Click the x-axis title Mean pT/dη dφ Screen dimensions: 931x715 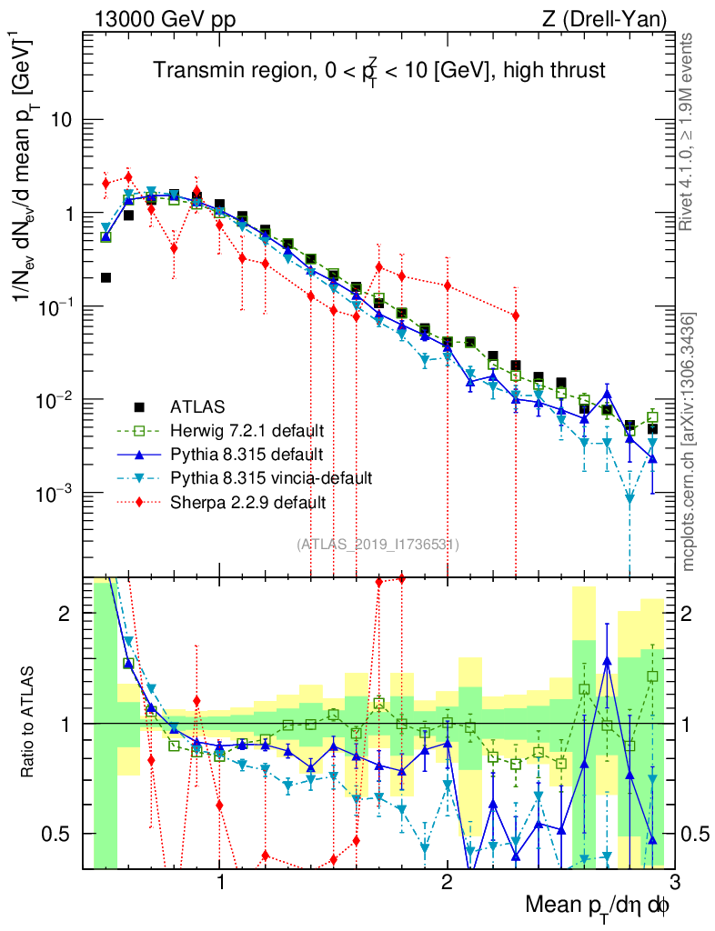599,906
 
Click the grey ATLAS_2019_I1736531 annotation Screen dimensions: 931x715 378,545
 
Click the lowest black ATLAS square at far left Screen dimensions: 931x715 106,277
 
